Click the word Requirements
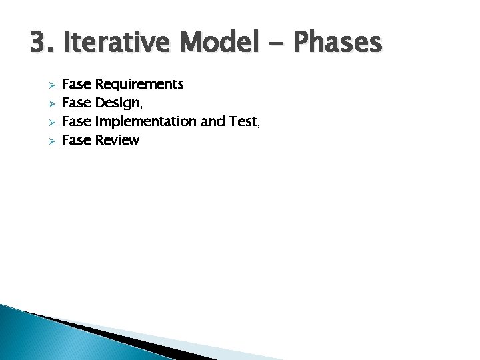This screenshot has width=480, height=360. pyautogui.click(x=140, y=85)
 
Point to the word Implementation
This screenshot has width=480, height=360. pyautogui.click(x=141, y=122)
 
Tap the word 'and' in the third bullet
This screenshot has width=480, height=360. pyautogui.click(x=203, y=121)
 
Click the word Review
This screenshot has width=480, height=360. pyautogui.click(x=117, y=140)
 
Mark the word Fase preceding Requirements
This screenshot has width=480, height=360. pyautogui.click(x=77, y=85)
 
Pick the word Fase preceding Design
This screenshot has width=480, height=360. pyautogui.click(x=77, y=103)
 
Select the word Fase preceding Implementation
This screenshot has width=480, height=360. pyautogui.click(x=77, y=122)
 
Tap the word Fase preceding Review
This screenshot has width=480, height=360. pyautogui.click(x=77, y=140)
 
